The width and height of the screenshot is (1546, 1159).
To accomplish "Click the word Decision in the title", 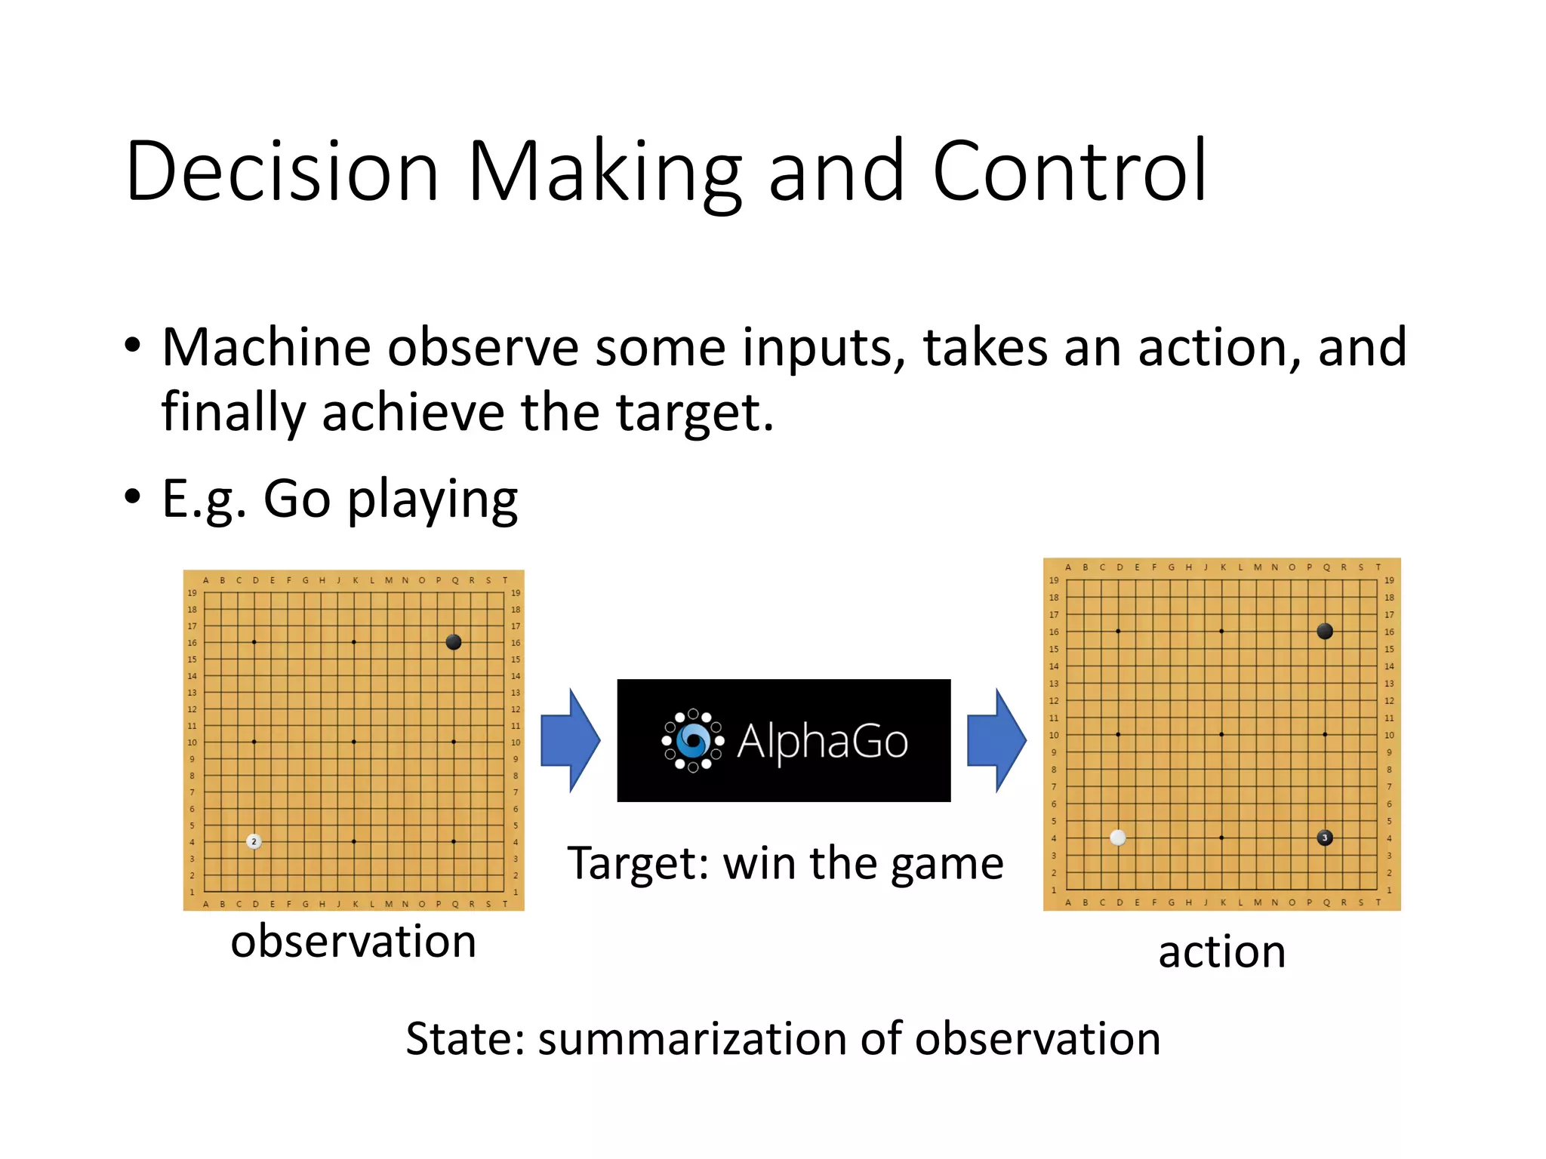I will point(282,172).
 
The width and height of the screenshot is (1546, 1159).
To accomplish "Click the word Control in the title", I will point(1070,172).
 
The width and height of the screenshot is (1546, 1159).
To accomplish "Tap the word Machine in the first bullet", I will point(266,348).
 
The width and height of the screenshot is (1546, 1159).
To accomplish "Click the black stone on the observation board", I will point(453,642).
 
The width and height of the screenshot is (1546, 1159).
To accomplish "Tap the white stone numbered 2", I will point(254,841).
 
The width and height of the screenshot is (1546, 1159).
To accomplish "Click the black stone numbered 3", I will point(1324,838).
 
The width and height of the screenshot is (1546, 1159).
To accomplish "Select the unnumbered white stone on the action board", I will point(1118,838).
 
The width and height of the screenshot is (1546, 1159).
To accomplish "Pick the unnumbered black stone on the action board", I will point(1324,631).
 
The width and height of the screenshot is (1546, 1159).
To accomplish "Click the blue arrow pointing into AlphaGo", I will point(571,740).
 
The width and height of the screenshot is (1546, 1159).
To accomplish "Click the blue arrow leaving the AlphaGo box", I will point(996,740).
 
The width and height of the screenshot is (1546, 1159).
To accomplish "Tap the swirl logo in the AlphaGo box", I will point(693,740).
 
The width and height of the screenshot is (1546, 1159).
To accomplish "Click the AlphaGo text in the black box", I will point(822,741).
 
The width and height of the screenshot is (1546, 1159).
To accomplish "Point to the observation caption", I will point(353,942).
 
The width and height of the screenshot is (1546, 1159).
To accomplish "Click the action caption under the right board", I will point(1221,951).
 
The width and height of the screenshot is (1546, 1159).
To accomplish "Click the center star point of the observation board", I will point(354,742).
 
